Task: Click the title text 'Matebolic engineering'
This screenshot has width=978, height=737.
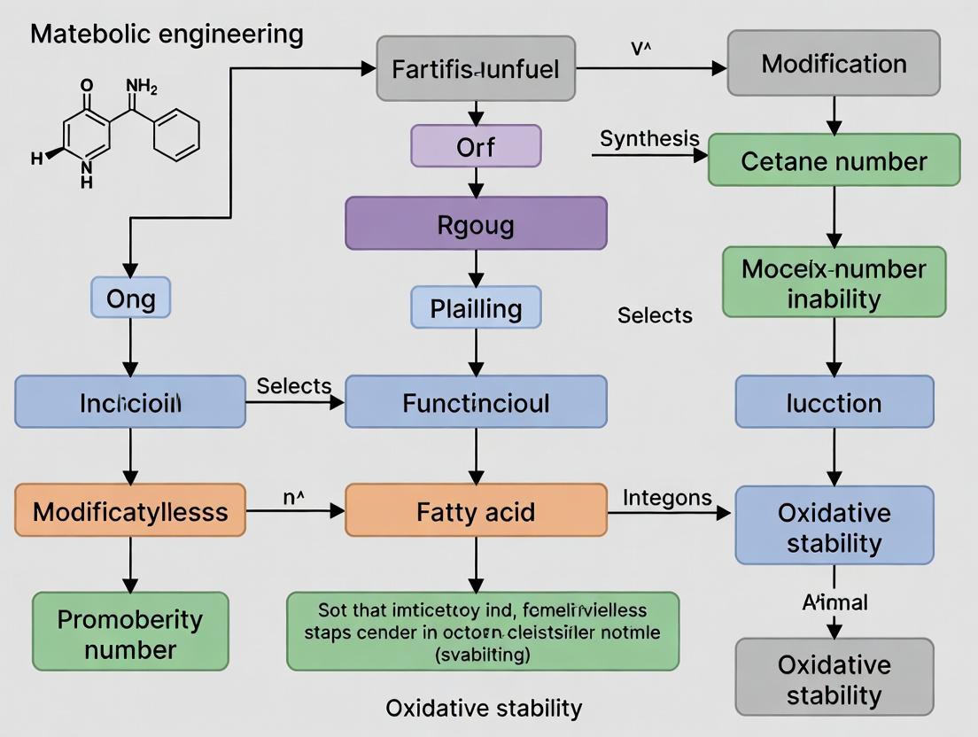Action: pos(167,35)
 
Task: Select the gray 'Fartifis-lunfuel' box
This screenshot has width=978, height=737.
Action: pos(476,68)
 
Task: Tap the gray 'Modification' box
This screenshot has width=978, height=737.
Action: pos(834,63)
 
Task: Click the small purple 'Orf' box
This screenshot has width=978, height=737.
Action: pos(476,146)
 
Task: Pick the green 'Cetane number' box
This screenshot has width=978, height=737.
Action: pos(834,160)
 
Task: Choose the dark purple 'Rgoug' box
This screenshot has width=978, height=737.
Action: pos(476,223)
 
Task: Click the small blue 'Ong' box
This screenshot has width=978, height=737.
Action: pos(130,298)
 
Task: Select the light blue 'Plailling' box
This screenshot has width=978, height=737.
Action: pos(476,307)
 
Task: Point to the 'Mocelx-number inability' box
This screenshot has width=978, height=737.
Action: pos(834,283)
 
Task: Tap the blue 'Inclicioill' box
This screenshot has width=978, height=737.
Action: pos(130,402)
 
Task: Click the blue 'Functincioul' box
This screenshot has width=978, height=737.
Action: pos(476,402)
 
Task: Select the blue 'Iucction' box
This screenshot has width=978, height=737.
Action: pos(834,402)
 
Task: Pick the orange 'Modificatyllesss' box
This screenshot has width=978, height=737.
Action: pos(130,510)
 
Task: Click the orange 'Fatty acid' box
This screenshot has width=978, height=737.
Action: pos(476,510)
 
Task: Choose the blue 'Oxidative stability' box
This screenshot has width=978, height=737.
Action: pos(834,526)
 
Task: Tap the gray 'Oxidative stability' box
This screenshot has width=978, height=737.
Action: pos(834,678)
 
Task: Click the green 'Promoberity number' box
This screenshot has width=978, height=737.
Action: pos(130,632)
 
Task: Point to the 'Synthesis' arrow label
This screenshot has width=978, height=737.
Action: pos(649,139)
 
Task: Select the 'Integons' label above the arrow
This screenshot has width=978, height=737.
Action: pos(667,498)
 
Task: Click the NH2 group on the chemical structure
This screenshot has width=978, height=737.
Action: pos(142,87)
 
